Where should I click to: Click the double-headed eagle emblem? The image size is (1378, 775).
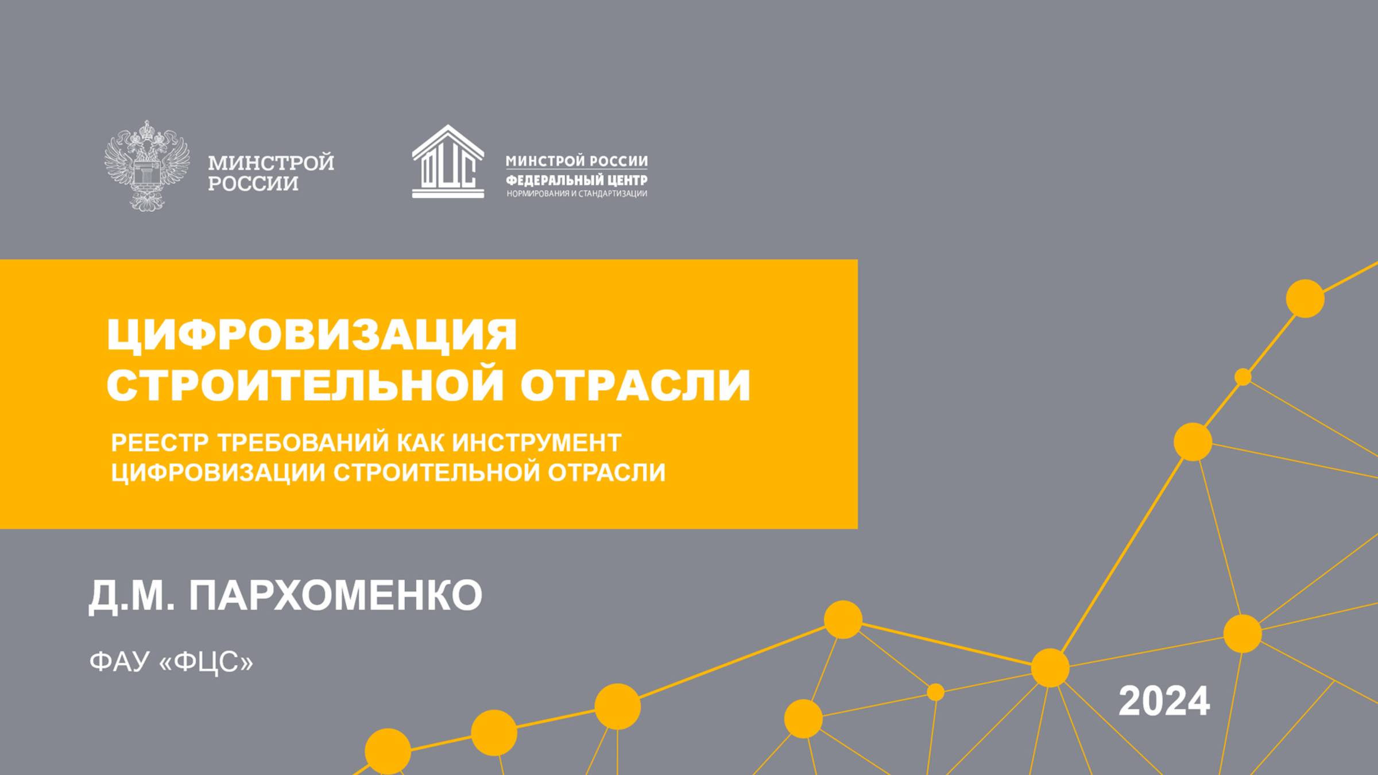[147, 165]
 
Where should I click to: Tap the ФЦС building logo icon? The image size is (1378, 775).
[448, 162]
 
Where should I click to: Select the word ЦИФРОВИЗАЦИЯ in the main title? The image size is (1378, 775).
[312, 335]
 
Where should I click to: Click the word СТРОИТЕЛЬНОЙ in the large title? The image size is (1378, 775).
[305, 384]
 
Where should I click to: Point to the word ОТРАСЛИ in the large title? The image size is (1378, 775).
[635, 384]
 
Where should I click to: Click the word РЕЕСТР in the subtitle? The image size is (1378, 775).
[160, 443]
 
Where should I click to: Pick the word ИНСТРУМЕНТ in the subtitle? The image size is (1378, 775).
[536, 443]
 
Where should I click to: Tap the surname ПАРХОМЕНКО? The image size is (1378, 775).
[335, 595]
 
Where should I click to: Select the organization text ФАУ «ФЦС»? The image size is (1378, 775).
[171, 661]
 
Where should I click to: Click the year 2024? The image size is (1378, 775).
[1164, 701]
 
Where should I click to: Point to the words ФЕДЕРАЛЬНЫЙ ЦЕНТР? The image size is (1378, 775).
[576, 180]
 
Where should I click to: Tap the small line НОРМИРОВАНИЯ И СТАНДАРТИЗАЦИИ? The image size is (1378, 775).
[576, 194]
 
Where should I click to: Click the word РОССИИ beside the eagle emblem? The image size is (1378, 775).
[253, 184]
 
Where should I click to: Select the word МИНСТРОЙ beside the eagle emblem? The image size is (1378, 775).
[270, 163]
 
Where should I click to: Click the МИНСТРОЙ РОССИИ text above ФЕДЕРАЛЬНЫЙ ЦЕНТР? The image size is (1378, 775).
[576, 161]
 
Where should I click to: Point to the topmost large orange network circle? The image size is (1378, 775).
[1305, 299]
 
